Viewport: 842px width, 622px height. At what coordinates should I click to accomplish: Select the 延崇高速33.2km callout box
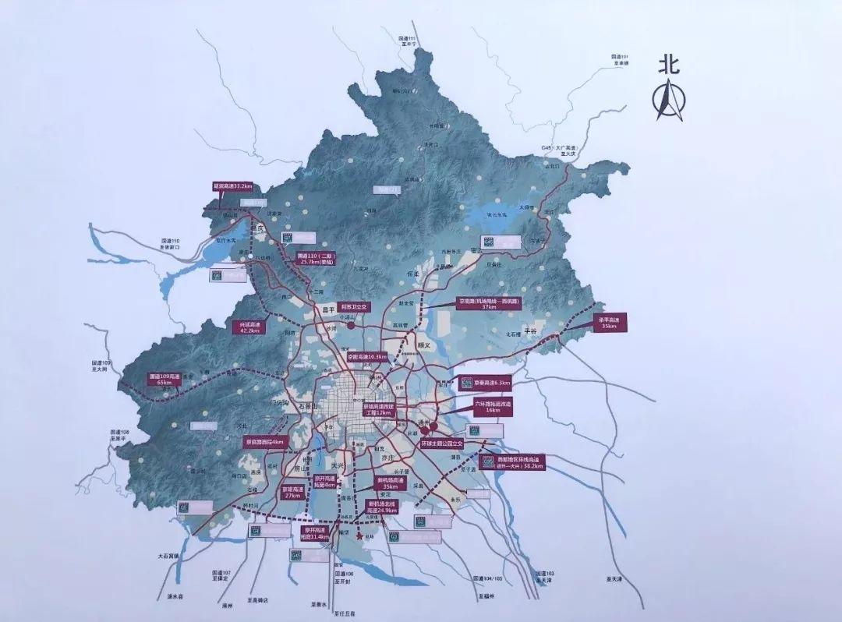pyautogui.click(x=232, y=186)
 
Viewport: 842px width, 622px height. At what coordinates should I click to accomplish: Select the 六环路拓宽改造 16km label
pyautogui.click(x=493, y=407)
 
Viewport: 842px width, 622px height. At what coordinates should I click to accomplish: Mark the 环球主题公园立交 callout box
pyautogui.click(x=441, y=442)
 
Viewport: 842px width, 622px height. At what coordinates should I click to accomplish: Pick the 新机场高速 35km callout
pyautogui.click(x=391, y=483)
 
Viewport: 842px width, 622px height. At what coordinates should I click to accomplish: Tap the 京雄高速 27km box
pyautogui.click(x=292, y=492)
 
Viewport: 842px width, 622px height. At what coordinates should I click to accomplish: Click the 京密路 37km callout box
pyautogui.click(x=488, y=303)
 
